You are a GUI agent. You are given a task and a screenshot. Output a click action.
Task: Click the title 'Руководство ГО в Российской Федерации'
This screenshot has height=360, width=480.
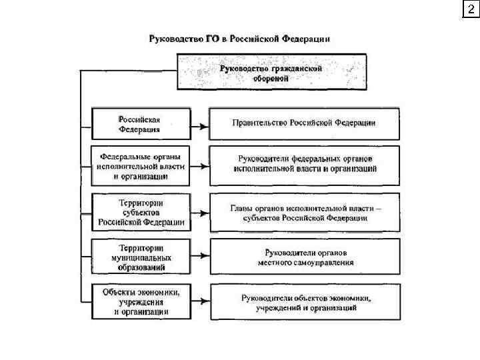pyautogui.click(x=239, y=39)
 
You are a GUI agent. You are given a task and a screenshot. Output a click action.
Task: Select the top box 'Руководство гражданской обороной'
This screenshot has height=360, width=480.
pyautogui.click(x=271, y=72)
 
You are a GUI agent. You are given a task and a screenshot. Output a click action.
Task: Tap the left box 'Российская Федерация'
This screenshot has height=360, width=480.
pyautogui.click(x=139, y=124)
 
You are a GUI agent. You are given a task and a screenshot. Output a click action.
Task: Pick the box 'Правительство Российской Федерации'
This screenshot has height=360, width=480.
pyautogui.click(x=304, y=123)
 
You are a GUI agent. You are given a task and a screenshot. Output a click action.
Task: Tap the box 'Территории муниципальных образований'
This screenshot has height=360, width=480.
pyautogui.click(x=140, y=256)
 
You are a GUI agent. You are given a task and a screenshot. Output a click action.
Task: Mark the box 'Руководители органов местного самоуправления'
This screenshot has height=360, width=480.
pyautogui.click(x=305, y=257)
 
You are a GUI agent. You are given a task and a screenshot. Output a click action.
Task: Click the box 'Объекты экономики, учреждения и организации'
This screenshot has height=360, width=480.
pyautogui.click(x=140, y=301)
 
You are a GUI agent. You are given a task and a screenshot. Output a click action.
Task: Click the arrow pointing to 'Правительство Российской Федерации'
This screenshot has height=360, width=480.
pyautogui.click(x=199, y=125)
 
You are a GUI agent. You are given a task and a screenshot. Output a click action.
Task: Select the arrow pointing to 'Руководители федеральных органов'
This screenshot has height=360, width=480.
pyautogui.click(x=199, y=165)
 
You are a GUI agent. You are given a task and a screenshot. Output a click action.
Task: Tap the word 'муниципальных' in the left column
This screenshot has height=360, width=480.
pyautogui.click(x=141, y=257)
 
